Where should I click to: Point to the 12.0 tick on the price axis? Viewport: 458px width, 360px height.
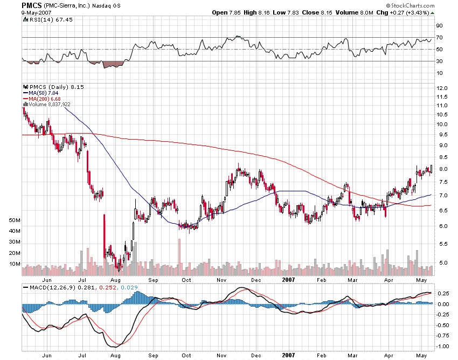(442, 87)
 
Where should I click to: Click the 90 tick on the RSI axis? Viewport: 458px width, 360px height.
(439, 25)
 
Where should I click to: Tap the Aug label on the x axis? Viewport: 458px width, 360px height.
(115, 280)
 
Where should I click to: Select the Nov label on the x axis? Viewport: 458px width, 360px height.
(221, 280)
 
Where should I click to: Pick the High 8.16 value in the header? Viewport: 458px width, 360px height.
(255, 12)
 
